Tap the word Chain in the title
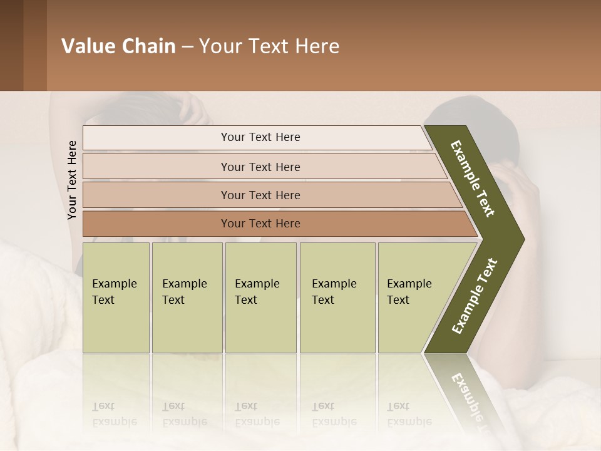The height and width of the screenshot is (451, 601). point(150,46)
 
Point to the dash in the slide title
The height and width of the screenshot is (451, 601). point(187,47)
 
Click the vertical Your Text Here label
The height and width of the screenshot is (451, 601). point(72,180)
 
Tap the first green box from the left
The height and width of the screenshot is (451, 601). point(116,298)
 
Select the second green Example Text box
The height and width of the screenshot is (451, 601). point(187,298)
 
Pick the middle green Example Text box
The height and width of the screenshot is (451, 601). point(260,298)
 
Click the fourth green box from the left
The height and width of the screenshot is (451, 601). point(337,298)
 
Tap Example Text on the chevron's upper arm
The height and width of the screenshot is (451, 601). point(473,179)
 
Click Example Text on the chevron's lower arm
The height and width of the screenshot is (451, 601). point(475,296)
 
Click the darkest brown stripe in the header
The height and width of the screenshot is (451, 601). point(11,45)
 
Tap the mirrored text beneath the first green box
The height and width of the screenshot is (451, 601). point(115,413)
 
